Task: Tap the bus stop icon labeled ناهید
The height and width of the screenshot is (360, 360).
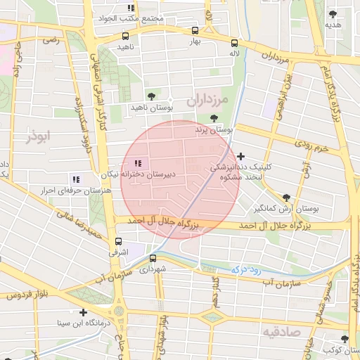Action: (x=125, y=35)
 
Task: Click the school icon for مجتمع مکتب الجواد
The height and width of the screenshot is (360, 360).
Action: (x=131, y=8)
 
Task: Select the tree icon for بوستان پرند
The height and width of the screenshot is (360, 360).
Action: (x=214, y=118)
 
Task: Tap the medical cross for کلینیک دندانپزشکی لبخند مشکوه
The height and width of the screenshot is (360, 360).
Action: (x=241, y=156)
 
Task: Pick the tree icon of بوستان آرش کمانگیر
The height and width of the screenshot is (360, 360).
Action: (x=285, y=198)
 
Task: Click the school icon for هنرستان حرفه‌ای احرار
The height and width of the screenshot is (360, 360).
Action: (x=75, y=179)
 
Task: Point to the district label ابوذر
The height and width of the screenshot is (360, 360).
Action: (x=40, y=136)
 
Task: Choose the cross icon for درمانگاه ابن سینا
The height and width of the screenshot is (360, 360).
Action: (x=84, y=312)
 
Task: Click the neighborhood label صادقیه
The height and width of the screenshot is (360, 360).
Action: (x=281, y=330)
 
